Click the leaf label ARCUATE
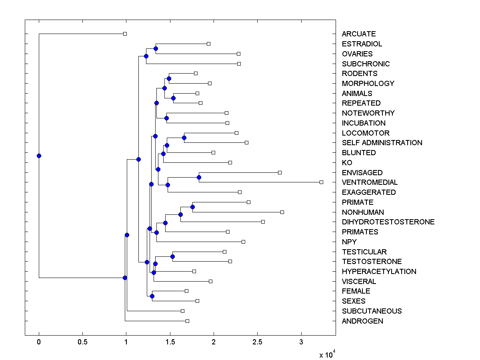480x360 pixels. (359, 34)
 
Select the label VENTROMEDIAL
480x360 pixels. (370, 182)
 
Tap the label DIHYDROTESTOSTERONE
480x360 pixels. (388, 222)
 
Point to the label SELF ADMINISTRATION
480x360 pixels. (382, 143)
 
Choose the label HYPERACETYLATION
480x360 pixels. (379, 272)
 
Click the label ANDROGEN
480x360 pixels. (362, 321)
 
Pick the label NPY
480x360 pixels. (349, 242)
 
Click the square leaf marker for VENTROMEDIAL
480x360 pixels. (321, 182)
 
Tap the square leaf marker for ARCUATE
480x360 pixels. (125, 34)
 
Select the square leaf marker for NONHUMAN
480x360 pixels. (282, 212)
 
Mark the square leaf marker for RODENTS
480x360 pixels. (196, 73)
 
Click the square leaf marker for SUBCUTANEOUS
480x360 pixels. (182, 311)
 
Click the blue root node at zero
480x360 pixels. (39, 156)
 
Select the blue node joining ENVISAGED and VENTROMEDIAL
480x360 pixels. (199, 177)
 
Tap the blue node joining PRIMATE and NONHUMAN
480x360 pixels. (192, 207)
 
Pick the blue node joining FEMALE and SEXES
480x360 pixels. (152, 296)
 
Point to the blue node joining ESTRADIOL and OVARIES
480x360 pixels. (156, 48)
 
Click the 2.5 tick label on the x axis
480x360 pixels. (258, 342)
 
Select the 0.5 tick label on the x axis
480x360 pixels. (82, 342)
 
